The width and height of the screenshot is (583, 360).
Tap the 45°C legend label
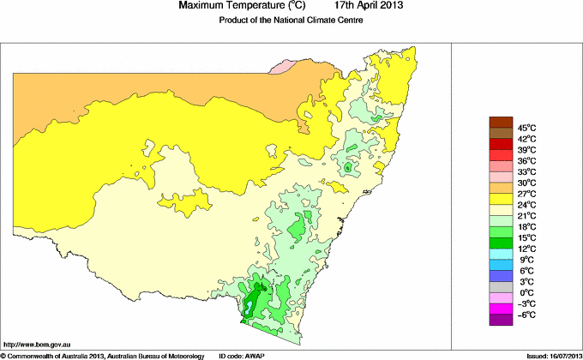pyautogui.click(x=526, y=128)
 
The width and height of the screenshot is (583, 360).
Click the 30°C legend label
pyautogui.click(x=526, y=183)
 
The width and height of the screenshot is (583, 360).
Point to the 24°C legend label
pyautogui.click(x=526, y=205)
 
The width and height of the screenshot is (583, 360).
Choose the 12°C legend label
pyautogui.click(x=526, y=249)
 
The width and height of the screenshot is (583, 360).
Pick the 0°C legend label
pyautogui.click(x=526, y=293)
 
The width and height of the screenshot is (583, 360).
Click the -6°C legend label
pyautogui.click(x=526, y=315)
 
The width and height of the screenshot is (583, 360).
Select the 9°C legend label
pyautogui.click(x=526, y=260)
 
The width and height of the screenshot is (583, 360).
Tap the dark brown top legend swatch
pyautogui.click(x=500, y=122)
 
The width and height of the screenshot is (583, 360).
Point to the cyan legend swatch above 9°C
pyautogui.click(x=500, y=254)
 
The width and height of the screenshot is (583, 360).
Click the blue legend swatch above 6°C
pyautogui.click(x=500, y=265)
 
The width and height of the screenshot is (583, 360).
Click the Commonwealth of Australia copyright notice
pyautogui.click(x=103, y=355)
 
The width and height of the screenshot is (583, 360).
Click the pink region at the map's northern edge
pyautogui.click(x=282, y=66)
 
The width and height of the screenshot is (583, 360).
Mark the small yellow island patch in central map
pyautogui.click(x=195, y=201)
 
